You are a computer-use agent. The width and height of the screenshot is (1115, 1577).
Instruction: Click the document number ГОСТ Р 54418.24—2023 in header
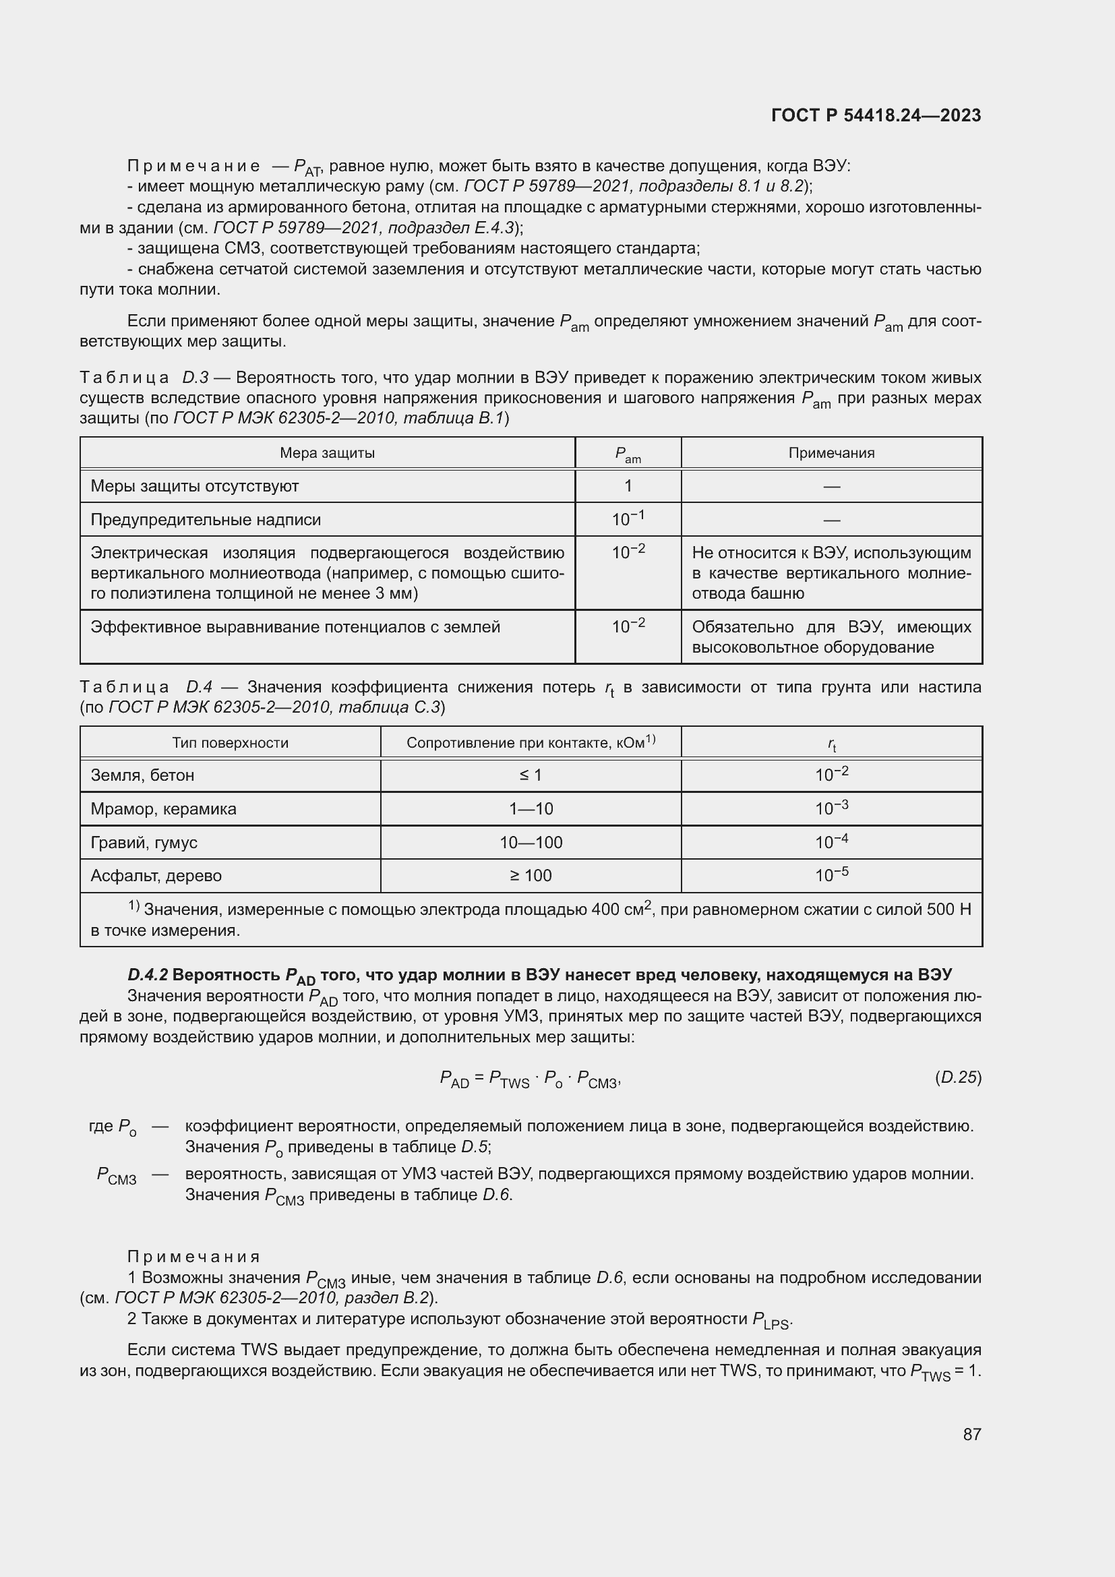tap(876, 115)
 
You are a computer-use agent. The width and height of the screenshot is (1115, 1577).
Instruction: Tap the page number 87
tap(971, 1434)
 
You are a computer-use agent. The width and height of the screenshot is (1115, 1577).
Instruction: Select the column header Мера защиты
tap(327, 452)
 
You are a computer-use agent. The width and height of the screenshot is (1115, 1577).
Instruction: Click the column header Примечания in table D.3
tap(831, 452)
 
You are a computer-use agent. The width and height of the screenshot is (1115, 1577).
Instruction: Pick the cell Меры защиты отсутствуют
tap(194, 486)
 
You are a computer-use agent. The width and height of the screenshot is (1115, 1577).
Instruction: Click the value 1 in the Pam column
tap(628, 486)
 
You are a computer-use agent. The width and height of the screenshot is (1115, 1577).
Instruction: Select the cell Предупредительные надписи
tap(206, 520)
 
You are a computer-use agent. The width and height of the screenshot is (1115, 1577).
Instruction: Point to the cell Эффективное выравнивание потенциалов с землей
tap(295, 627)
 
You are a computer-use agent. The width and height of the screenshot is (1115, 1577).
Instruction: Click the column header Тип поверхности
tap(230, 742)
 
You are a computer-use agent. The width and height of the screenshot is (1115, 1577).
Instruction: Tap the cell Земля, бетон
tap(142, 775)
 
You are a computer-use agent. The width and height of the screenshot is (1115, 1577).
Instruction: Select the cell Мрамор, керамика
tap(163, 809)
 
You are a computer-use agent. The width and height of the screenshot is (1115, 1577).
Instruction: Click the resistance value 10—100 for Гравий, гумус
tap(531, 843)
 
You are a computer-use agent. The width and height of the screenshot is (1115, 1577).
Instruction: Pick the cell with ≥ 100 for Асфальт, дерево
tap(531, 876)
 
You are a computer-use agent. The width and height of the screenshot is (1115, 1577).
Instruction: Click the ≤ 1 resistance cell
tap(531, 775)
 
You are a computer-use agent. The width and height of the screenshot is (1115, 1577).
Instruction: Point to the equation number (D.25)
tap(958, 1077)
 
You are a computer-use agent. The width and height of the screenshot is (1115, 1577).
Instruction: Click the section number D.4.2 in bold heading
tap(148, 975)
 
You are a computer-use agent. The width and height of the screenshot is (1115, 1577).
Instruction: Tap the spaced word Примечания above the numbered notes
tap(193, 1257)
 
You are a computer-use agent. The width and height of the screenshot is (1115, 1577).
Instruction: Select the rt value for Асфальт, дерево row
tap(831, 875)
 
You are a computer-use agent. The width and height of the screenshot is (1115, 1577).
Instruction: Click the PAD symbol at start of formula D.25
tap(454, 1079)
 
